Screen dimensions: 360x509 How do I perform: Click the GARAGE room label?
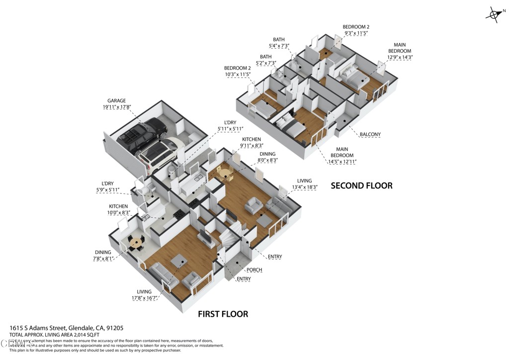[x=116, y=100]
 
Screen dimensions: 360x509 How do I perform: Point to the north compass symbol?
[x=493, y=14]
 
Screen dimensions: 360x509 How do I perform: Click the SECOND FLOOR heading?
[x=361, y=185]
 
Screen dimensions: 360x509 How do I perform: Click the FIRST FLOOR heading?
[x=223, y=314]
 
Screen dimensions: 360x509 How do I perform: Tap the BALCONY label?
[x=370, y=134]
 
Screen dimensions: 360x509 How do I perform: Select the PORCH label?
[x=254, y=270]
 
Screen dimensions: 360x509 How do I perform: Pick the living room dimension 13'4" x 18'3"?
[x=304, y=187]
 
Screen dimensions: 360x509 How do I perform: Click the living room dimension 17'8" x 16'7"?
[x=141, y=298]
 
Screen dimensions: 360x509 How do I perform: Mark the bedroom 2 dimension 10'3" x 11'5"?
[x=237, y=75]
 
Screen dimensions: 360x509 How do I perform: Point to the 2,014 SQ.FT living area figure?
[x=82, y=335]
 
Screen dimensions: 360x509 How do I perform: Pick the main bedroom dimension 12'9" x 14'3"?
[x=400, y=57]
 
